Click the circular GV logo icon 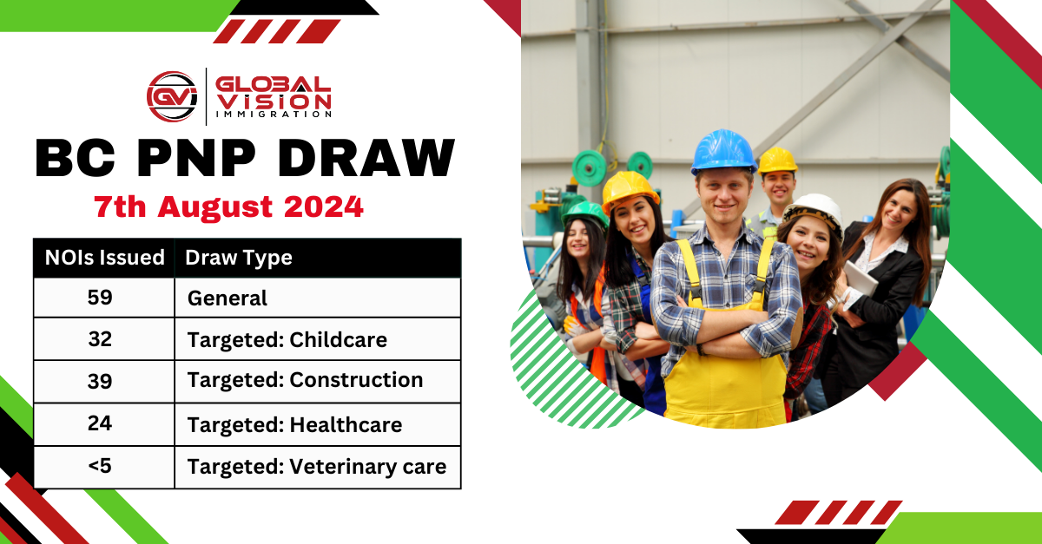[x=172, y=95]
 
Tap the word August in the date [x=221, y=208]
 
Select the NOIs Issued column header [x=104, y=258]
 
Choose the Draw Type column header [x=239, y=258]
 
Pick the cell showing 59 [x=101, y=298]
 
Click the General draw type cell [x=228, y=298]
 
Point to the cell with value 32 [x=101, y=339]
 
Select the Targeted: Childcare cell [x=287, y=340]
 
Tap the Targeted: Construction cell [x=305, y=380]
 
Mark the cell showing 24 [x=101, y=424]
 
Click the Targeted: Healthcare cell [x=294, y=425]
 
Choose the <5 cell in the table [x=101, y=466]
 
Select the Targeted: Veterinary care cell [x=316, y=467]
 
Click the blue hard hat [x=722, y=152]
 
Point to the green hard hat [x=585, y=212]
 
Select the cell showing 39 [x=101, y=381]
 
